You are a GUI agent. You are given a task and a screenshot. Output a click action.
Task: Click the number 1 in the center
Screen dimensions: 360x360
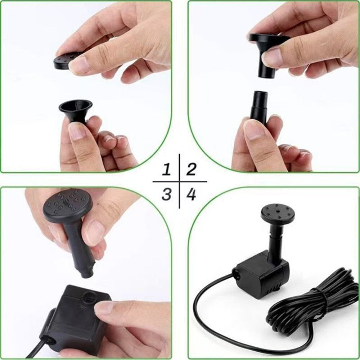coord(167,169)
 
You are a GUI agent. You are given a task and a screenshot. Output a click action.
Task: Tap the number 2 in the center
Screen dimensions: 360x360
coord(191,169)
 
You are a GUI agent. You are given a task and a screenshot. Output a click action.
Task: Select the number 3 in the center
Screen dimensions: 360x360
coord(167,194)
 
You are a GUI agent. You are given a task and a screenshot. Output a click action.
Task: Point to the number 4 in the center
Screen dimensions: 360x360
coord(191,194)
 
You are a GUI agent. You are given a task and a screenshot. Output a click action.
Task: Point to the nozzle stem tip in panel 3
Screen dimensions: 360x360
coord(87,274)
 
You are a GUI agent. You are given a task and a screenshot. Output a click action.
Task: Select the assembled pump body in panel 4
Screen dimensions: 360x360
coord(262,276)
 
